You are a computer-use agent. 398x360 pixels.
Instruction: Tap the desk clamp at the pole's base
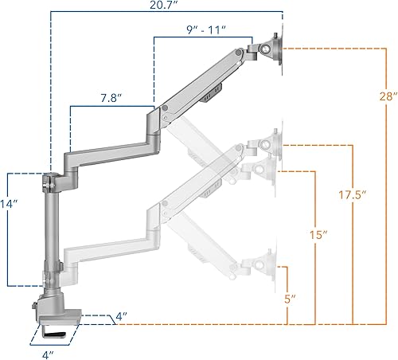click(57, 307)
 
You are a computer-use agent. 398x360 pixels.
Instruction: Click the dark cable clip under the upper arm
click(209, 98)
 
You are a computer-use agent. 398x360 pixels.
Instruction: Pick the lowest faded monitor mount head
click(263, 268)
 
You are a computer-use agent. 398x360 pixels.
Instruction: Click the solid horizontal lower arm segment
click(107, 147)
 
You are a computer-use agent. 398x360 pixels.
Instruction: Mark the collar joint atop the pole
click(53, 181)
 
